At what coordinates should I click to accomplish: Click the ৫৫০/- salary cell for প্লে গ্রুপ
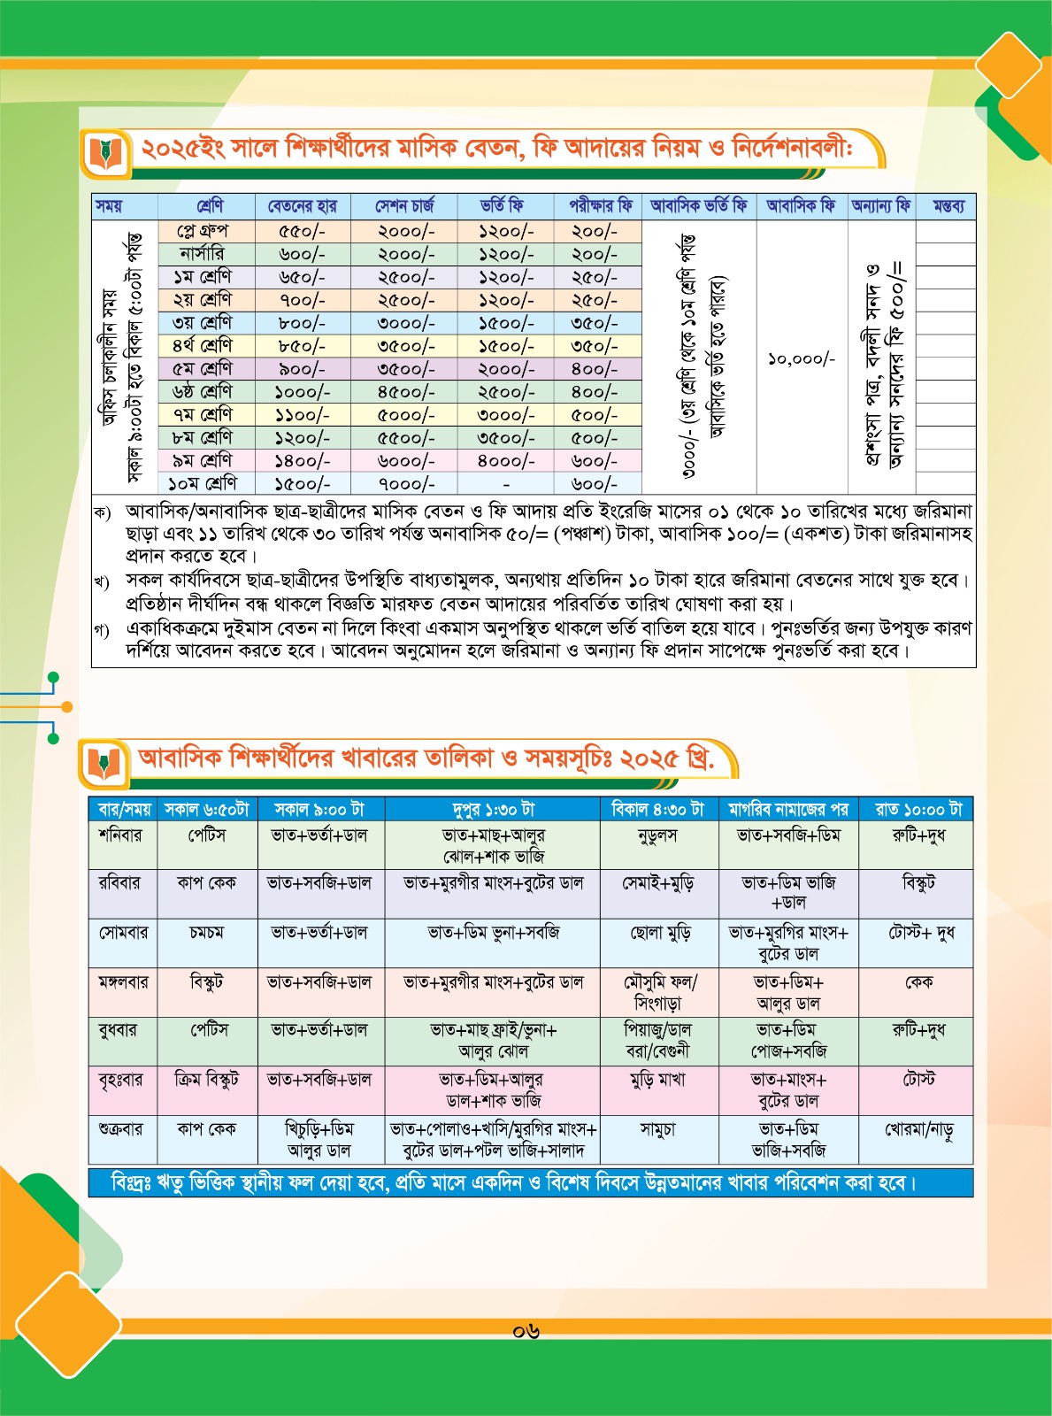coord(302,232)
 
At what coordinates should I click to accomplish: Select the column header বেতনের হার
coord(302,206)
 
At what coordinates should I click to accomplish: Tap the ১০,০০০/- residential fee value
coord(802,359)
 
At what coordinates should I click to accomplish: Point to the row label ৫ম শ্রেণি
coord(203,369)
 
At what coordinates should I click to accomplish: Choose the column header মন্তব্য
coord(948,206)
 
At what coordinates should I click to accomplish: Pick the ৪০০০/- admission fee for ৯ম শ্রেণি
coord(505,461)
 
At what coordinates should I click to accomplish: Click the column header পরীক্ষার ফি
coord(600,206)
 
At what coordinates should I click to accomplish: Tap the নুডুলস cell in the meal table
coord(657,835)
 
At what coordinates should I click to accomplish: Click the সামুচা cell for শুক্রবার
coord(657,1130)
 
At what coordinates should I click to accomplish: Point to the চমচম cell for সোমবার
coord(206,933)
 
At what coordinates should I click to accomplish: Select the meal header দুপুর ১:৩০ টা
coord(493,809)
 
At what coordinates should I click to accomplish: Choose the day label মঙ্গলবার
coord(124,982)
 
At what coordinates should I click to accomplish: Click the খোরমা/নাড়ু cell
coord(918,1130)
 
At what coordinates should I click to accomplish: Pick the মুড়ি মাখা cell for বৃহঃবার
coord(657,1081)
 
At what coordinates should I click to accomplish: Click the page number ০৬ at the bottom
coord(526,1331)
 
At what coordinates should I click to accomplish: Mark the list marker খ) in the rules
coord(102,582)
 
